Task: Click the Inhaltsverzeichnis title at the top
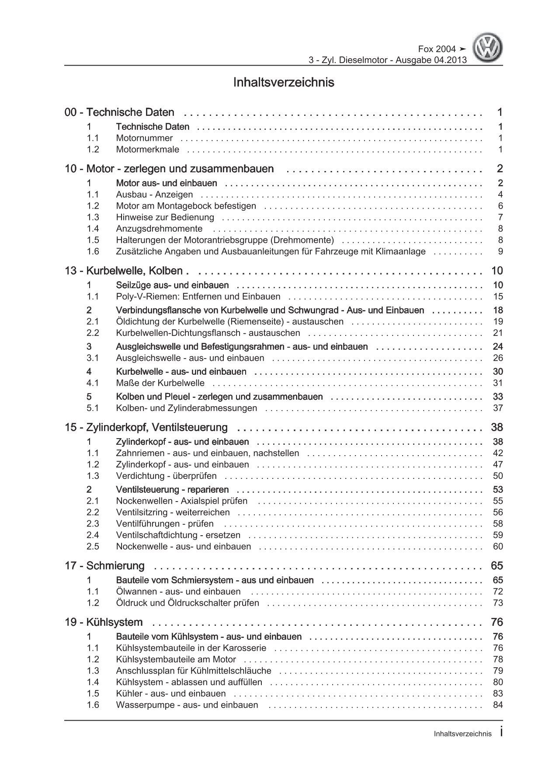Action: tap(284, 82)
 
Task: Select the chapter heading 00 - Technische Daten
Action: tap(119, 112)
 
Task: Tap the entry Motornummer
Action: tap(144, 138)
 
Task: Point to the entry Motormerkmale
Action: tap(147, 150)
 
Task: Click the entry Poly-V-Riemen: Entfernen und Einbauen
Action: tap(198, 296)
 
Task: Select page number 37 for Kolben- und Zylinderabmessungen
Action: tap(497, 408)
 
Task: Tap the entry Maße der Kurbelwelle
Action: tap(160, 383)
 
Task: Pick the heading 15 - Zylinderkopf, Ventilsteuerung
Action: tap(146, 427)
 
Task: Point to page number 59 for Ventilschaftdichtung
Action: tap(497, 535)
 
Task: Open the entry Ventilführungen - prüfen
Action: tap(165, 524)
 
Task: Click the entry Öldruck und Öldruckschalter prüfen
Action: tap(188, 603)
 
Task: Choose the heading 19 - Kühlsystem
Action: tap(104, 622)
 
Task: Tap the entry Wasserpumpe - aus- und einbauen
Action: tap(187, 705)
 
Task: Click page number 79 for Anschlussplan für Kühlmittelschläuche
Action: tap(497, 671)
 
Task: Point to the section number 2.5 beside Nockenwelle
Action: tap(93, 547)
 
